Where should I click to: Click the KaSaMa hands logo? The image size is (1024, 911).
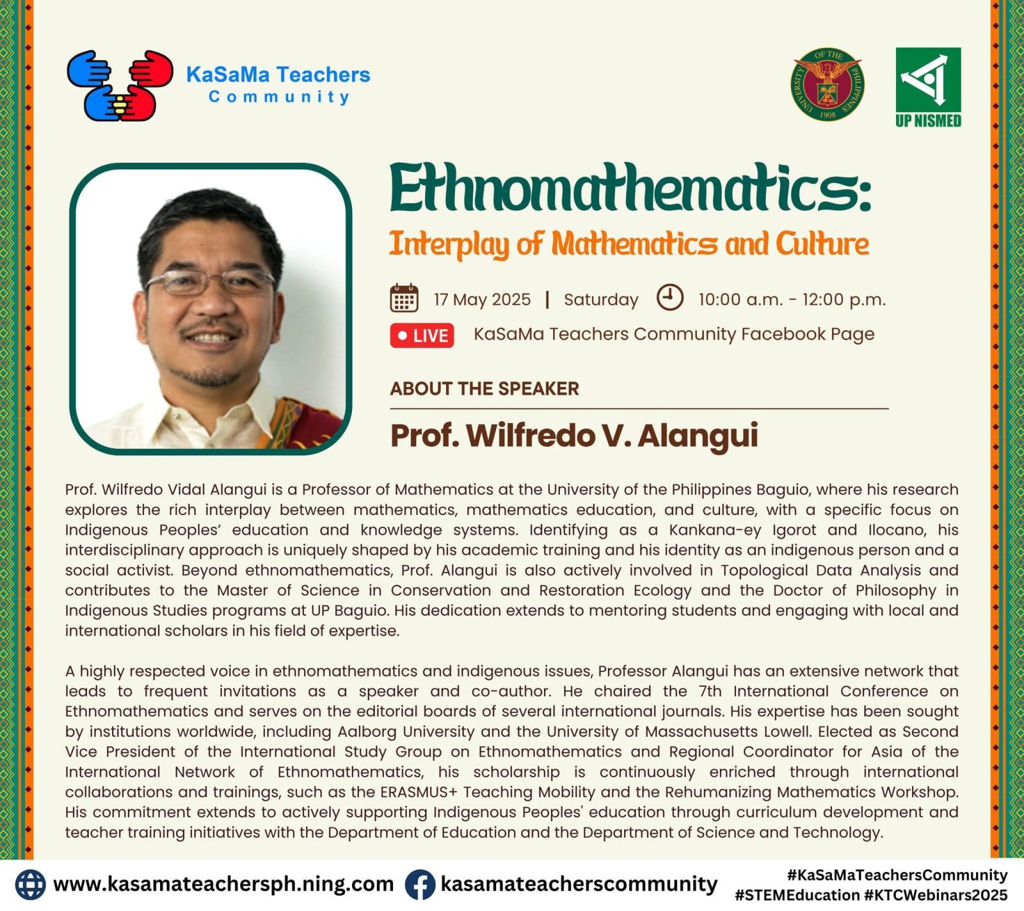[120, 86]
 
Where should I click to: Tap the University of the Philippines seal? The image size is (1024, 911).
[828, 84]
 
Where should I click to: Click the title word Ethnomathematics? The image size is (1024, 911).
[630, 188]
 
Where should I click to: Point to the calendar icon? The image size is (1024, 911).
[404, 298]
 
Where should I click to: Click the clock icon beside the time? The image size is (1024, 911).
[670, 298]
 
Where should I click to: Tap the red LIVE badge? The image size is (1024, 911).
[422, 336]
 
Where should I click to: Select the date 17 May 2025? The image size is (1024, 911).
[482, 299]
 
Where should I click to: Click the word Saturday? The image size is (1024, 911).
[601, 300]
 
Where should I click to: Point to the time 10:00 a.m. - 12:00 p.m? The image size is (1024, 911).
[792, 300]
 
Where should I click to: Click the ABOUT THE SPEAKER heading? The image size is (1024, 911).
[484, 388]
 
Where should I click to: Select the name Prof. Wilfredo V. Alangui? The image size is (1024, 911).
[574, 436]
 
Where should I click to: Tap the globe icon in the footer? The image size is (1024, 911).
[30, 885]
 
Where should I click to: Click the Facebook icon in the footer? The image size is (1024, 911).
[420, 885]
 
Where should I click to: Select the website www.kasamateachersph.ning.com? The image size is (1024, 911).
[223, 884]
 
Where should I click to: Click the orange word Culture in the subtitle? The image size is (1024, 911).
[822, 244]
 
